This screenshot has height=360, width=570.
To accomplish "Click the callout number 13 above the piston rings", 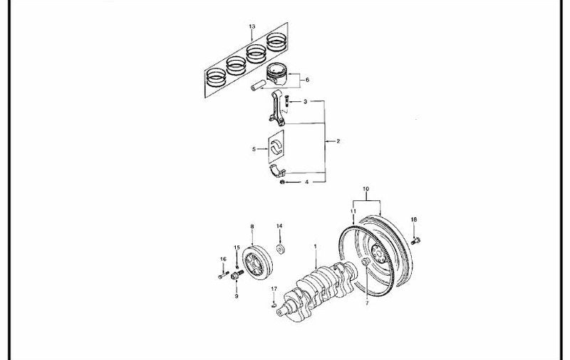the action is point(252,26).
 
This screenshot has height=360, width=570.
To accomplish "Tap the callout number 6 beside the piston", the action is point(307,80).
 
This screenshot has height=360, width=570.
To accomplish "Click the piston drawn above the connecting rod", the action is point(277,76).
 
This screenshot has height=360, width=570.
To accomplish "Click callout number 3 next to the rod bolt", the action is point(306,102).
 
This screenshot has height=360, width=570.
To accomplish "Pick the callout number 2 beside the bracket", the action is point(338,141).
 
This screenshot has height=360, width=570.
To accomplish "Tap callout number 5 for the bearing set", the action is point(254,149).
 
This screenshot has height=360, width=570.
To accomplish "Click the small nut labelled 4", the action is point(281,182).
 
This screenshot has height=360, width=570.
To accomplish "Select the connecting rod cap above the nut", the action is point(277,170).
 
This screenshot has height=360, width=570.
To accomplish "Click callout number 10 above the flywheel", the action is point(366,189).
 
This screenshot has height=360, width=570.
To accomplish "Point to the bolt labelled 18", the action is point(415,241).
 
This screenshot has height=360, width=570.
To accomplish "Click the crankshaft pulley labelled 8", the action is point(257,262).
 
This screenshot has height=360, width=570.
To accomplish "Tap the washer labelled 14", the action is point(281,250).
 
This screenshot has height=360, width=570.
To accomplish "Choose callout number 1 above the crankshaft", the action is point(315,247).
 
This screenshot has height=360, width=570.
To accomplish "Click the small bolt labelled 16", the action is point(224,275).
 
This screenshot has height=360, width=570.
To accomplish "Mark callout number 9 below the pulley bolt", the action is point(237,297).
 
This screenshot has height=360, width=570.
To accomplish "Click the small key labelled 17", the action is point(274,305).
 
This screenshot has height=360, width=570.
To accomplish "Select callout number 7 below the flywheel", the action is point(367,303).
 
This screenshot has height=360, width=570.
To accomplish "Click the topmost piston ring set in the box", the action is point(277,42).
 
